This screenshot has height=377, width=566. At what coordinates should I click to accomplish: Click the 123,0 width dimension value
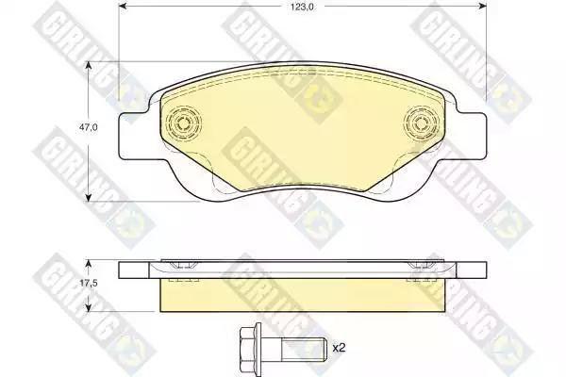[302, 7]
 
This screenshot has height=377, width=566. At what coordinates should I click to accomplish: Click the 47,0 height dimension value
[89, 127]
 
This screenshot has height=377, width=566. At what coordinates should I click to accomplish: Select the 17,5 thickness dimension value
[89, 283]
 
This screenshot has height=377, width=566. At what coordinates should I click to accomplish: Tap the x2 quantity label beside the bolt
[339, 348]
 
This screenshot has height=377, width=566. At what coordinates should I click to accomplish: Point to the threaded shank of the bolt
[303, 348]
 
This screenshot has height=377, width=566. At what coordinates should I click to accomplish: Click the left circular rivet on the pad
[183, 123]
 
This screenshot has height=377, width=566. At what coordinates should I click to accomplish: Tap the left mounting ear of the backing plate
[134, 136]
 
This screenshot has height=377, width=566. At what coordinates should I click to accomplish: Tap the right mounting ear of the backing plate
[471, 136]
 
